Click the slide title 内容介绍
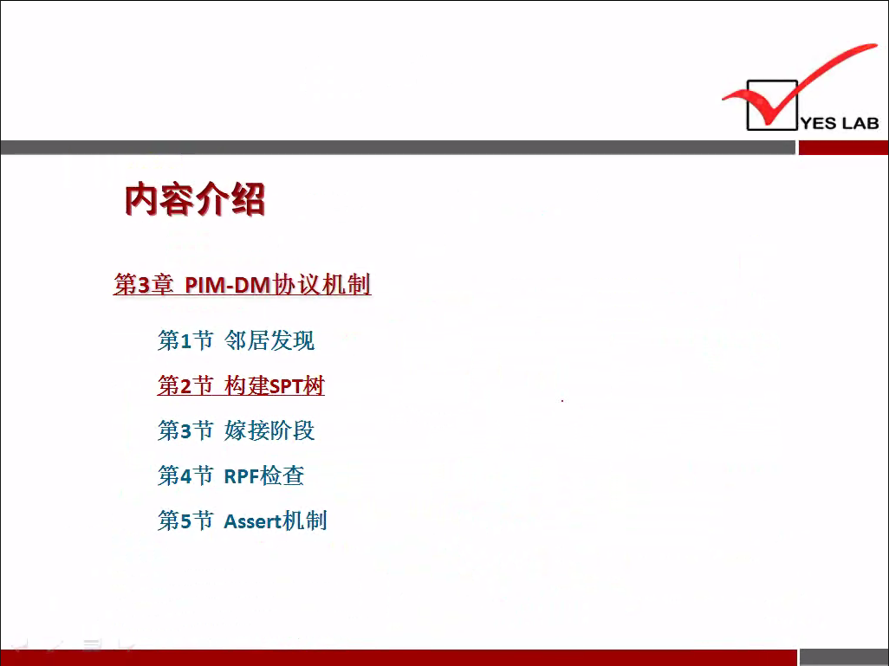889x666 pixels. click(194, 199)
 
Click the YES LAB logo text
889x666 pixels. click(840, 123)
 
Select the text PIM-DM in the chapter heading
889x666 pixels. click(227, 285)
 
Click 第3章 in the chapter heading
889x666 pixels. click(144, 285)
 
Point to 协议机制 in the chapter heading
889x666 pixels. click(321, 285)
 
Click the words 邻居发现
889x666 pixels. click(269, 340)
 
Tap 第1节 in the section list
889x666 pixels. click(185, 340)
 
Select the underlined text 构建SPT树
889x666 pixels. click(275, 386)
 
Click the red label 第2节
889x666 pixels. click(185, 386)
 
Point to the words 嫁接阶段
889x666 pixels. click(269, 430)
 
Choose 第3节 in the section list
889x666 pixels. click(185, 430)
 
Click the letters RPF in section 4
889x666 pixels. click(242, 476)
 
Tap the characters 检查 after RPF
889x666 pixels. click(282, 476)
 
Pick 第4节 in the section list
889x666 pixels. click(185, 476)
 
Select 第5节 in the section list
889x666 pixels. click(185, 521)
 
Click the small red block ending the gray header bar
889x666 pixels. click(844, 147)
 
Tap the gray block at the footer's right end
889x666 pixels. click(844, 657)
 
